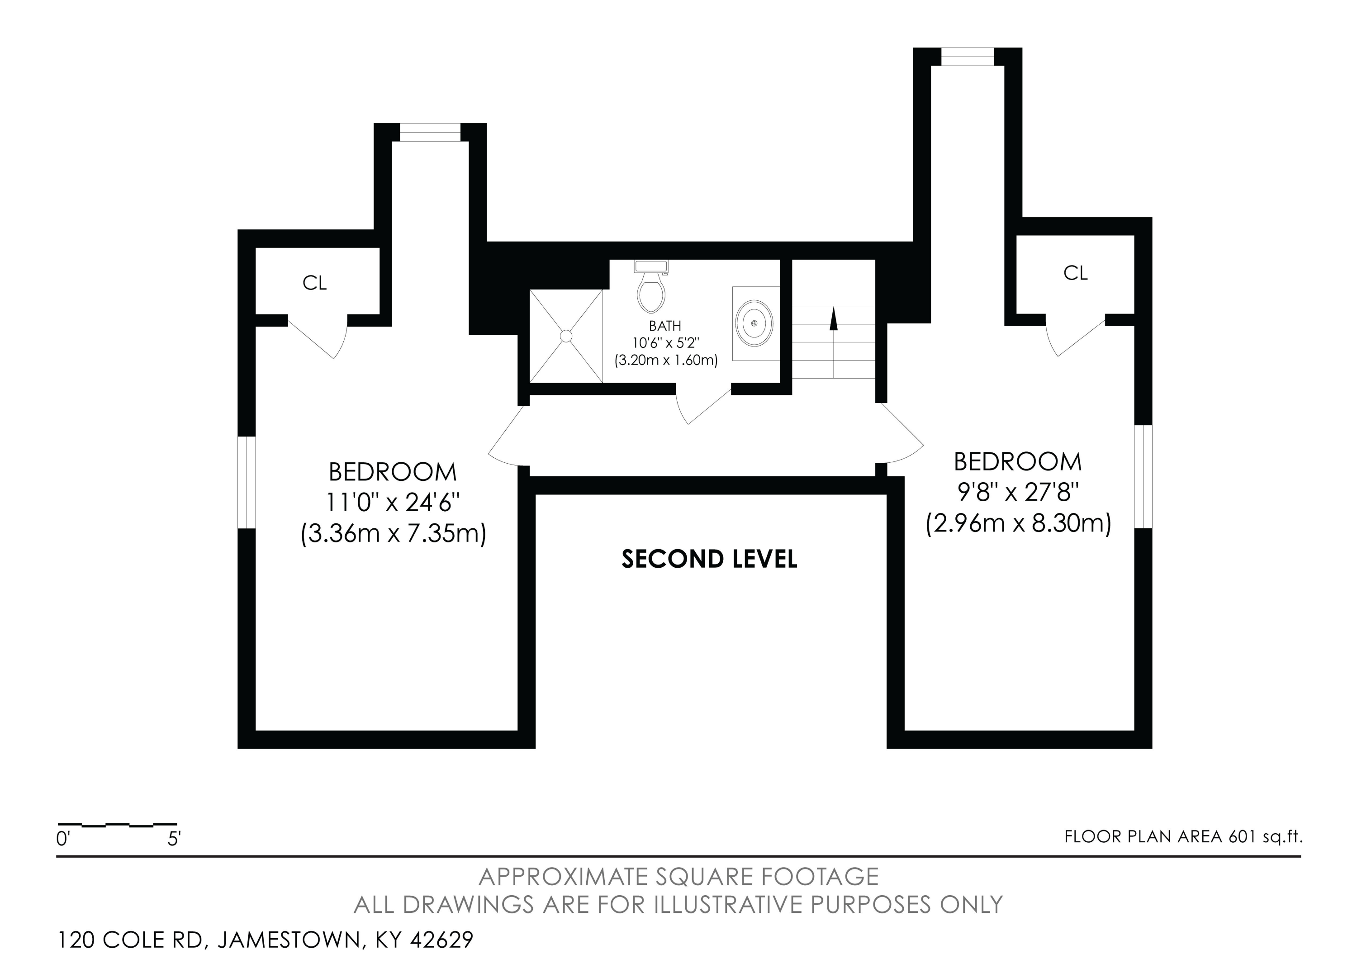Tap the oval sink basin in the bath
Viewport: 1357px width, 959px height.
[754, 323]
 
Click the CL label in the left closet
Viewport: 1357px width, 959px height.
[314, 283]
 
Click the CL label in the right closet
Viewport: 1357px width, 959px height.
[1075, 273]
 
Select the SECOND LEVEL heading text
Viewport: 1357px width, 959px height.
[709, 559]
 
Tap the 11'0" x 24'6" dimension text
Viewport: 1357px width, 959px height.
[393, 503]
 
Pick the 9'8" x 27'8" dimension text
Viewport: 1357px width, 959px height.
[1018, 492]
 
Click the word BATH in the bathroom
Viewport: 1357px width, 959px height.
[665, 326]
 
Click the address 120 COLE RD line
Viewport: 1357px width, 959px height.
[266, 940]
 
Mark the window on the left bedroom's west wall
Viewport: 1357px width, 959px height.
[247, 482]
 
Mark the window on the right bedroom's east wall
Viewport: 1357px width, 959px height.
[1143, 476]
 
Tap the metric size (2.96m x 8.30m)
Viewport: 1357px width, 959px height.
[1018, 523]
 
